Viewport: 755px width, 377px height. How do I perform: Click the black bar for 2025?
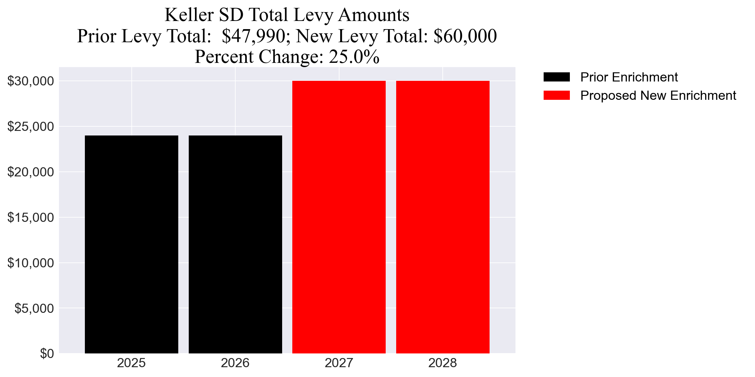pos(131,244)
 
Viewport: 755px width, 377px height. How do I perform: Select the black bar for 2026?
pos(235,244)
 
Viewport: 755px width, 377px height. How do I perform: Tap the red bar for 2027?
pos(339,217)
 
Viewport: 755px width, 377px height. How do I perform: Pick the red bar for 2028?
pos(443,217)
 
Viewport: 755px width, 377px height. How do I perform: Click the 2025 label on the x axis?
pos(131,363)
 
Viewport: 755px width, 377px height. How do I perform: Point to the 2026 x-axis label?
pos(235,363)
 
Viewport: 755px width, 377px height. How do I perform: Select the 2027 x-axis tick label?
pos(339,363)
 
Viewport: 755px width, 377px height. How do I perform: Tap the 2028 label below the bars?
pos(443,363)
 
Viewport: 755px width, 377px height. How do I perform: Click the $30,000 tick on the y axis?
pos(30,81)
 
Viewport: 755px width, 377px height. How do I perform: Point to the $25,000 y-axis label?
pos(30,126)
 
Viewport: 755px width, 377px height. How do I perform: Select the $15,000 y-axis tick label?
pos(30,217)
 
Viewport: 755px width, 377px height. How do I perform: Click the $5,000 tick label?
pos(34,308)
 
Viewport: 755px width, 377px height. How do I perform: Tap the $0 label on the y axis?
pos(47,353)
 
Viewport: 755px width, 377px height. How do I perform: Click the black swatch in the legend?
pos(556,77)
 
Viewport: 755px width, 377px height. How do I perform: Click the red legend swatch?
pos(556,95)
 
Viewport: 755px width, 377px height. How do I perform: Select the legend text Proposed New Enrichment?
pos(658,96)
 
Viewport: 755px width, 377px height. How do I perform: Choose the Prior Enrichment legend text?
pos(629,77)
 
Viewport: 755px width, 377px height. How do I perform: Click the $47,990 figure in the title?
pos(254,36)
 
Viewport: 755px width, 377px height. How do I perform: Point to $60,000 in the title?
pos(465,36)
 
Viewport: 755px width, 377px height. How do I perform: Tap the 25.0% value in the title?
pos(354,57)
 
